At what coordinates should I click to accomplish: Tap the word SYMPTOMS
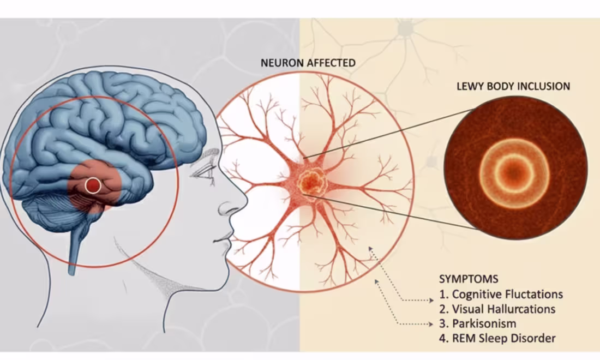point(469,279)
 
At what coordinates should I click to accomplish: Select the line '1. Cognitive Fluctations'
point(501,294)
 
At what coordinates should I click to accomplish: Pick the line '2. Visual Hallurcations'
point(497,309)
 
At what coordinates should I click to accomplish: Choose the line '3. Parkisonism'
point(477,323)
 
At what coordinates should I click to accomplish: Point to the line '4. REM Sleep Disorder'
point(497,338)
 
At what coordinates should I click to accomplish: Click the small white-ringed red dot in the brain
point(93,186)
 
